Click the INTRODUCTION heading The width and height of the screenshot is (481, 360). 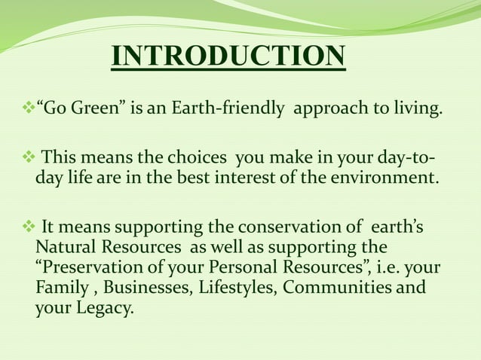coord(228,57)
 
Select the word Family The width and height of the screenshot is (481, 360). coord(63,288)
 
